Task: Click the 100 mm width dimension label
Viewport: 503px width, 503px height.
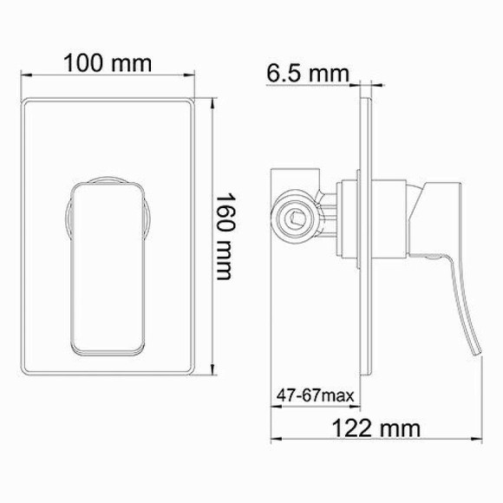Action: pyautogui.click(x=107, y=63)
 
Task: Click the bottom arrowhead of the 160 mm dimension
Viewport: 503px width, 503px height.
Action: pyautogui.click(x=212, y=370)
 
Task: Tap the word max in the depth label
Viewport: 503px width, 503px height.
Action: pyautogui.click(x=341, y=395)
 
